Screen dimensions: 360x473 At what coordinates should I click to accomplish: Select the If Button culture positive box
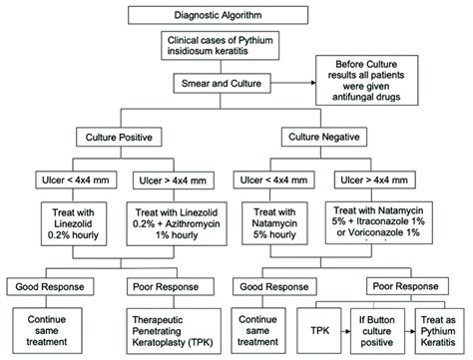coord(367,330)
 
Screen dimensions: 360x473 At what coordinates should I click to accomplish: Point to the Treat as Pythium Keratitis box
coord(436,330)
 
